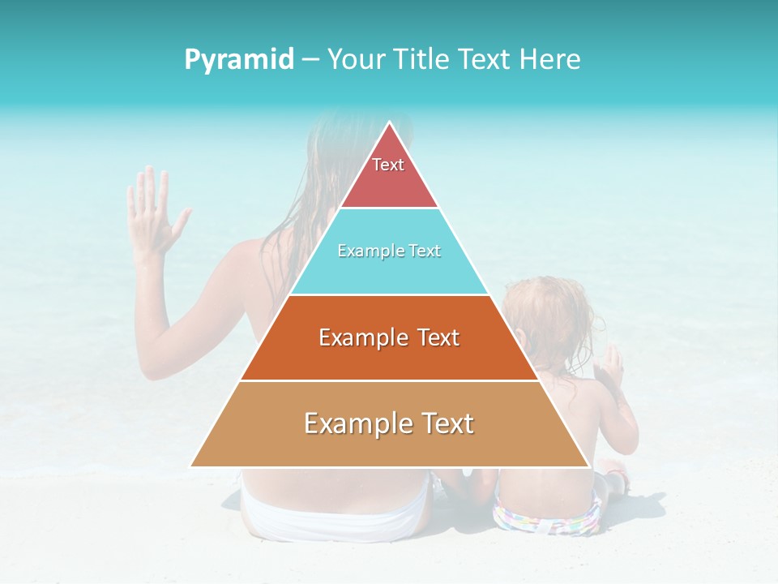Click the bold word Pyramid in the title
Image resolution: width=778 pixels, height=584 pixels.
(238, 59)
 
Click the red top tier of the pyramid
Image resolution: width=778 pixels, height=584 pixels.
(389, 174)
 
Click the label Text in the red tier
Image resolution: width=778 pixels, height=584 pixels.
(388, 165)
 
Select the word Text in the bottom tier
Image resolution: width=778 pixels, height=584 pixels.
(442, 423)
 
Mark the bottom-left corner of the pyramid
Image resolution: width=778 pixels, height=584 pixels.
(191, 466)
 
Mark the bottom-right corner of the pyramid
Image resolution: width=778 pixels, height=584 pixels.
(588, 466)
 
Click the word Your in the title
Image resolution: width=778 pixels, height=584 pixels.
(354, 59)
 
